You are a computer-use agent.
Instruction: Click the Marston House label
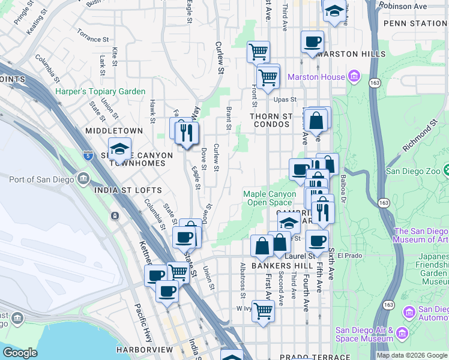pyautogui.click(x=316, y=77)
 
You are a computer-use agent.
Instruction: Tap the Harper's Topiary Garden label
pyautogui.click(x=100, y=91)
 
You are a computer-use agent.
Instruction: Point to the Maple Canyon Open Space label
pyautogui.click(x=270, y=198)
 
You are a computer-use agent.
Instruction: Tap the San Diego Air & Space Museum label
pyautogui.click(x=364, y=334)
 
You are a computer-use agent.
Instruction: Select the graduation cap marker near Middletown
pyautogui.click(x=119, y=149)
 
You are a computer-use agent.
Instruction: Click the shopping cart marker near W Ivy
pyautogui.click(x=263, y=311)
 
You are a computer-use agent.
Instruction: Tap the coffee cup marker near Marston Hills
pyautogui.click(x=312, y=42)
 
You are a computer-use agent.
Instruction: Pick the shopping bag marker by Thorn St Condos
pyautogui.click(x=316, y=121)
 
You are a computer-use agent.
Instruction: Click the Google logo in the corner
pyautogui.click(x=20, y=353)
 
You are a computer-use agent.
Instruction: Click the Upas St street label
pyautogui.click(x=285, y=100)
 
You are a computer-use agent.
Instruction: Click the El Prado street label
pyautogui.click(x=347, y=255)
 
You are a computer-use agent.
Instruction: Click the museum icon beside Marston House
pyautogui.click(x=354, y=77)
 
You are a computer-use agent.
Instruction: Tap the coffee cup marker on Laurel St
pyautogui.click(x=316, y=241)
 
